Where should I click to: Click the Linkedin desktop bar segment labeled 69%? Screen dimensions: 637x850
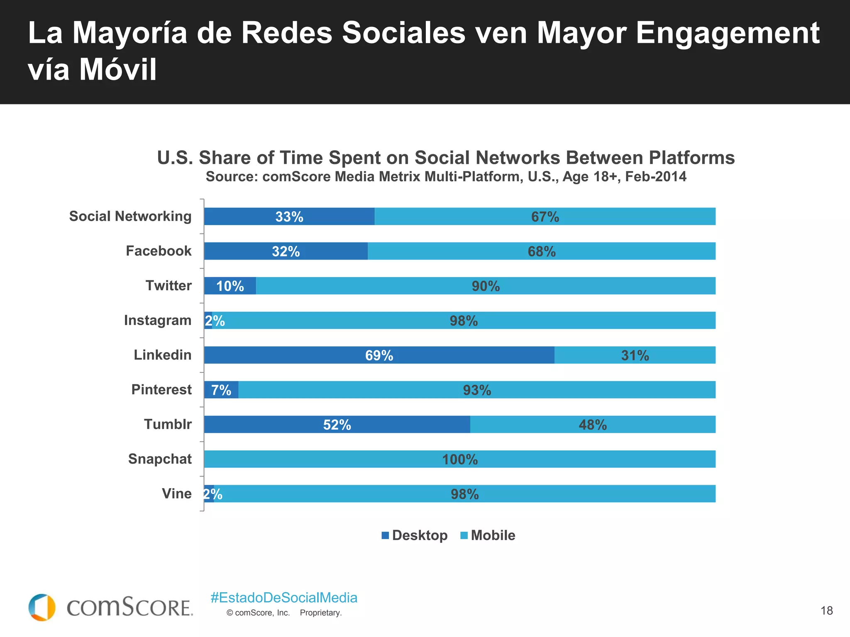pos(379,355)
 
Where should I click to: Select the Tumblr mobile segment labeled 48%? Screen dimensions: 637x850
pos(593,425)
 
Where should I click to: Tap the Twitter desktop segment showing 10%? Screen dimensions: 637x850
pos(230,286)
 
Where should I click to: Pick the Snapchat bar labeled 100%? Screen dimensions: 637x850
pos(459,460)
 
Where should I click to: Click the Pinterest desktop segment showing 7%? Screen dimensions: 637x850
pos(221,390)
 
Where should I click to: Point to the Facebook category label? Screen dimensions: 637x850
pos(159,251)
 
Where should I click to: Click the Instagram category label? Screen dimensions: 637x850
pos(158,320)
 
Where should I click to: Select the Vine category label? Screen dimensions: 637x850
pos(177,494)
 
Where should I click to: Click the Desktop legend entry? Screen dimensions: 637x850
pos(415,535)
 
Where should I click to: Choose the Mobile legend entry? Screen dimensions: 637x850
pos(488,535)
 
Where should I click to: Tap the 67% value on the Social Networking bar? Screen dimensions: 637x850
pos(545,217)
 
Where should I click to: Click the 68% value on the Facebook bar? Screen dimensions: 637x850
pos(542,252)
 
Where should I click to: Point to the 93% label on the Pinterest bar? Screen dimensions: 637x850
pos(477,390)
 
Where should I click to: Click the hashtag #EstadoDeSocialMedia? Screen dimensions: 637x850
pos(284,598)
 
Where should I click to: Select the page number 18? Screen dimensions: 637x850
pos(826,610)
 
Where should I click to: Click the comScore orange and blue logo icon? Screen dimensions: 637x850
pos(42,608)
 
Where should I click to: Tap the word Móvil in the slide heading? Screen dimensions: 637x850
pos(118,69)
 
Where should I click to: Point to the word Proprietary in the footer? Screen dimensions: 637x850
pos(320,613)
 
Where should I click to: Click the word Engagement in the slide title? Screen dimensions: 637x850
pos(728,33)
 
